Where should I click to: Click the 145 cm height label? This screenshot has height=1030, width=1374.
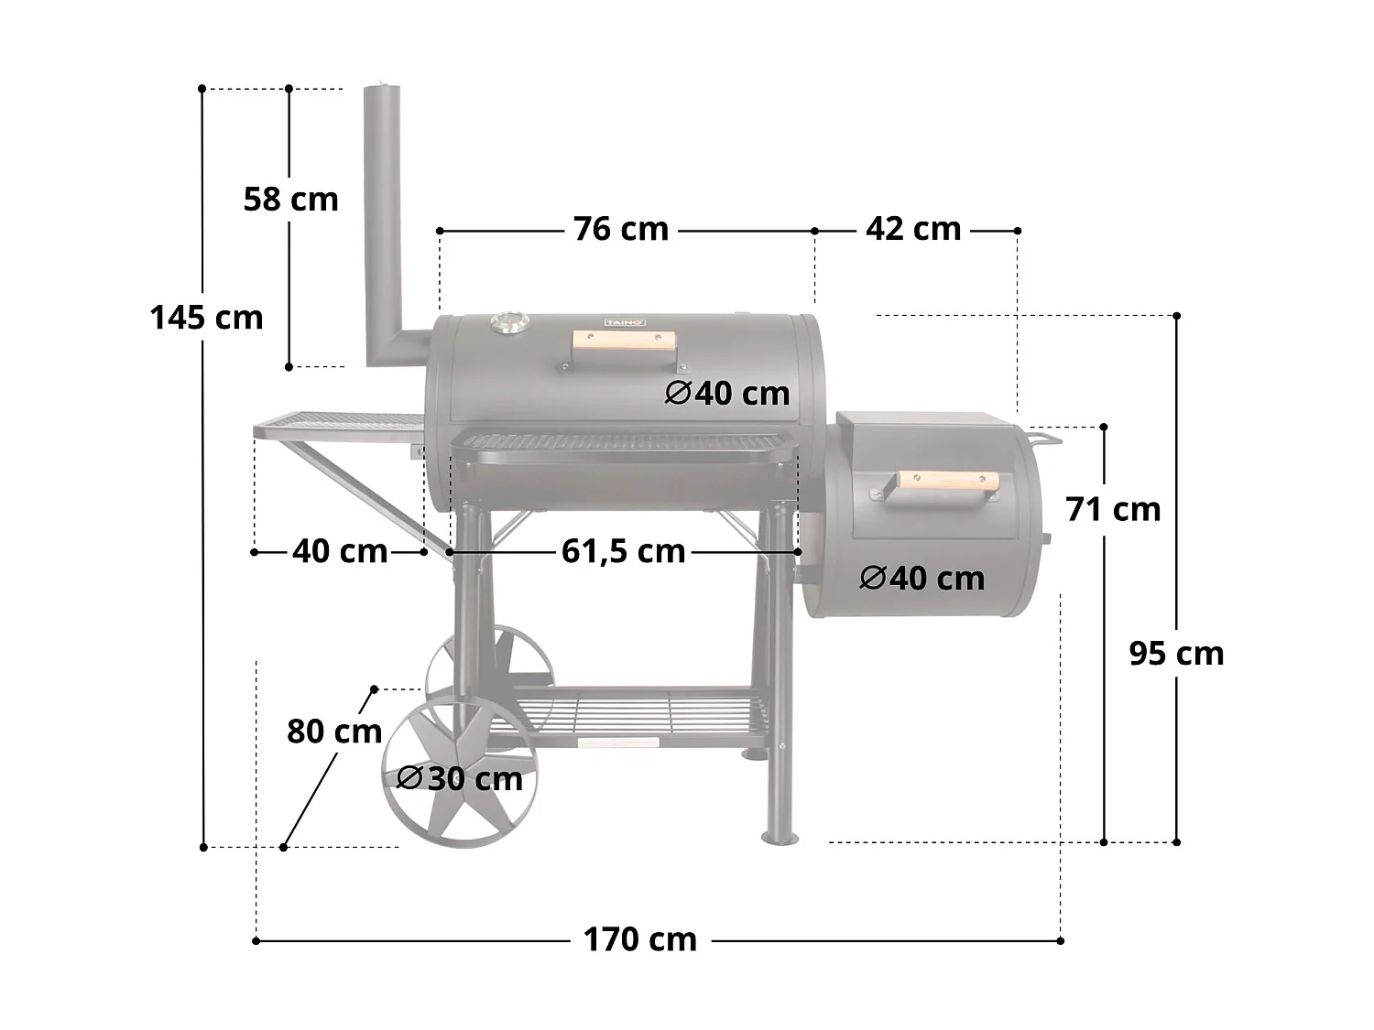pyautogui.click(x=206, y=318)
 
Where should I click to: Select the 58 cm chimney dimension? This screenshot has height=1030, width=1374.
pyautogui.click(x=290, y=199)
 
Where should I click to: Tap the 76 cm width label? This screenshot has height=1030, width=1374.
pyautogui.click(x=621, y=229)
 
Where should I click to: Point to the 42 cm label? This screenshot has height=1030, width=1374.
pyautogui.click(x=913, y=229)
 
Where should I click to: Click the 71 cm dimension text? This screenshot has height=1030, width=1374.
pyautogui.click(x=1113, y=509)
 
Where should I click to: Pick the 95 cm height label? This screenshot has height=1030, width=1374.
pyautogui.click(x=1176, y=654)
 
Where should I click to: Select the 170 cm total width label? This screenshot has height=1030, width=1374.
pyautogui.click(x=640, y=939)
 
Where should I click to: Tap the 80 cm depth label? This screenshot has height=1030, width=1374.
pyautogui.click(x=334, y=732)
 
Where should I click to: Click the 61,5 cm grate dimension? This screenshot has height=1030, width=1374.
pyautogui.click(x=623, y=551)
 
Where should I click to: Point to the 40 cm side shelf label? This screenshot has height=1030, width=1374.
pyautogui.click(x=340, y=551)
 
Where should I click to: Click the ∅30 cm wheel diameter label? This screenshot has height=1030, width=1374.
pyautogui.click(x=460, y=778)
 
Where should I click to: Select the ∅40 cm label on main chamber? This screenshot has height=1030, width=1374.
pyautogui.click(x=727, y=393)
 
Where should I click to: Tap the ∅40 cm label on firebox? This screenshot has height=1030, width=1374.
pyautogui.click(x=922, y=578)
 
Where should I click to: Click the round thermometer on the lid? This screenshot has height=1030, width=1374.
pyautogui.click(x=508, y=322)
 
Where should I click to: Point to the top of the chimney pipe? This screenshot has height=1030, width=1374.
pyautogui.click(x=383, y=90)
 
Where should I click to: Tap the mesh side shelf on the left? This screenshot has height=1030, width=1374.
pyautogui.click(x=339, y=425)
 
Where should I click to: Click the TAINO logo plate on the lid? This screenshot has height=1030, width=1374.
pyautogui.click(x=625, y=321)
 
